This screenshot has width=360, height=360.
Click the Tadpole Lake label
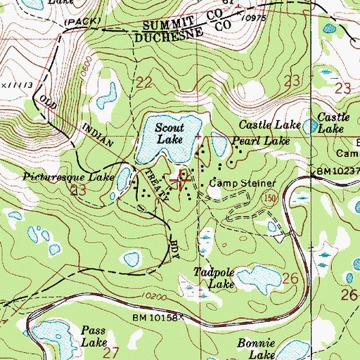coord(212,279)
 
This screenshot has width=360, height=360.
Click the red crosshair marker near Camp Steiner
coord(185,179)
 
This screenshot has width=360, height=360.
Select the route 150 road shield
coord(268,199)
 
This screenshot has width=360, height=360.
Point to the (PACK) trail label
coord(77,23)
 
